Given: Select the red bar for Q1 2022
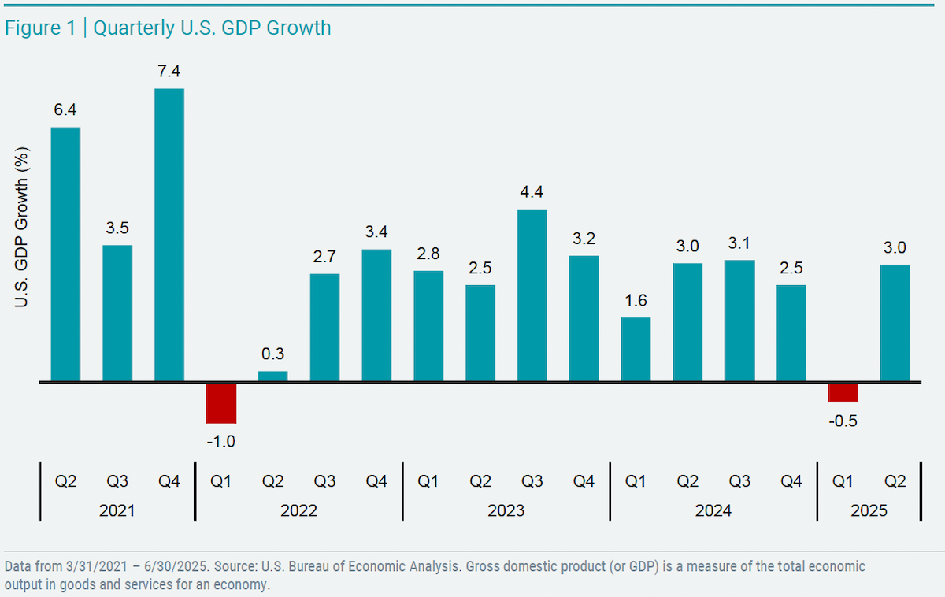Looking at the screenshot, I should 221,402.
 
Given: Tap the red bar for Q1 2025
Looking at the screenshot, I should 843,392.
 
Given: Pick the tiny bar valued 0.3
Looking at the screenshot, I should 273,376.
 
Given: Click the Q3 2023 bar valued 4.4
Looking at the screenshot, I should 532,295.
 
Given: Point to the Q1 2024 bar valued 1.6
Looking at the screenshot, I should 636,350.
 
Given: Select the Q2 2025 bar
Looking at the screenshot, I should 895,323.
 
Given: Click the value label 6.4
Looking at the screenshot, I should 65,111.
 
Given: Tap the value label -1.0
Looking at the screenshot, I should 221,442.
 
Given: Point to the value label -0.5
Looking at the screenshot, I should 843,421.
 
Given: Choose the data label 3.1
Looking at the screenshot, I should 739,244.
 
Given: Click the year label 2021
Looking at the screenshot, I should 117,510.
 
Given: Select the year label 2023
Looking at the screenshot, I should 506,510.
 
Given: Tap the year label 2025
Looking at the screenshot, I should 869,510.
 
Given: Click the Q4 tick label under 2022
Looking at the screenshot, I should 377,481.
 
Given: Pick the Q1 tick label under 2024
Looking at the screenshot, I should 636,481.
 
